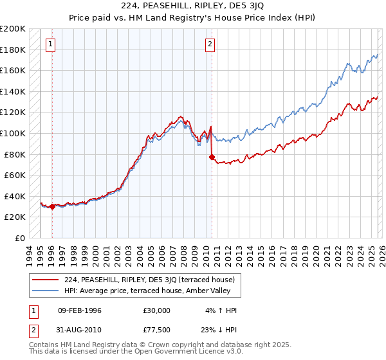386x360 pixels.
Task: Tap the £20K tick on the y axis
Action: [x=15, y=217]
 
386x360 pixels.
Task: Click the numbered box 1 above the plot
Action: [x=50, y=44]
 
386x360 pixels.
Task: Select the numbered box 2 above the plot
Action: [x=210, y=44]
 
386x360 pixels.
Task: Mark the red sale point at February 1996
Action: [x=52, y=206]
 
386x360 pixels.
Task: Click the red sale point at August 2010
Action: [x=212, y=156]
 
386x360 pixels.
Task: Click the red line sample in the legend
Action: [x=45, y=280]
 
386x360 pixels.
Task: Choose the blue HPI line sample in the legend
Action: [x=45, y=291]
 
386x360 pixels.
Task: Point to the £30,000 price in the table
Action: [x=156, y=310]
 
